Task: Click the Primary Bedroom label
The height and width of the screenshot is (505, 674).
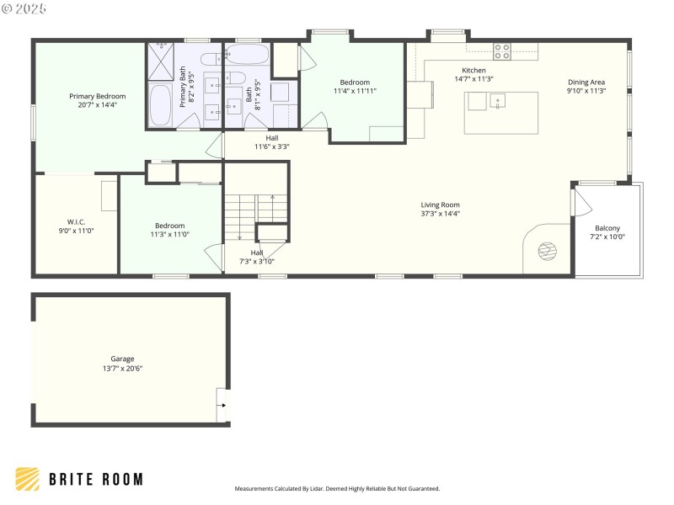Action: [x=93, y=97]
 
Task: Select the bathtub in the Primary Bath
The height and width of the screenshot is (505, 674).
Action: [x=160, y=104]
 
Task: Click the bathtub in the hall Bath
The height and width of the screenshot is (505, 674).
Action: [x=247, y=56]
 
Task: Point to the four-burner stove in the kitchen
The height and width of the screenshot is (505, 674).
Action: [x=502, y=51]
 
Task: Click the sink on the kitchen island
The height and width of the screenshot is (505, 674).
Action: [x=498, y=103]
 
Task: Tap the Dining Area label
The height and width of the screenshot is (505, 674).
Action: [x=586, y=82]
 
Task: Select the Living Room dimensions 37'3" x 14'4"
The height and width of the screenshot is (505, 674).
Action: [x=440, y=214]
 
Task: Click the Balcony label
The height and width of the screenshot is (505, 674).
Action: [x=607, y=228]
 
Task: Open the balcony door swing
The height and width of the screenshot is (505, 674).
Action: [x=580, y=202]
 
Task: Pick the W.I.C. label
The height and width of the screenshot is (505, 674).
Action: [x=77, y=221]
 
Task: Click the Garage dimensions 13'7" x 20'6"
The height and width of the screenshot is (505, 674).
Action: [x=122, y=369]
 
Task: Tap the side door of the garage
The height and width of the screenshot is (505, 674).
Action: [x=222, y=404]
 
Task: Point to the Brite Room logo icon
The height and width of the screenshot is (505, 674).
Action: [x=27, y=479]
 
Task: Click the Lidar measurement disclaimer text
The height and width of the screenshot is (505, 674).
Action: [x=337, y=488]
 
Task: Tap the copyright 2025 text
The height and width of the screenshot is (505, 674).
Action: [x=24, y=8]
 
